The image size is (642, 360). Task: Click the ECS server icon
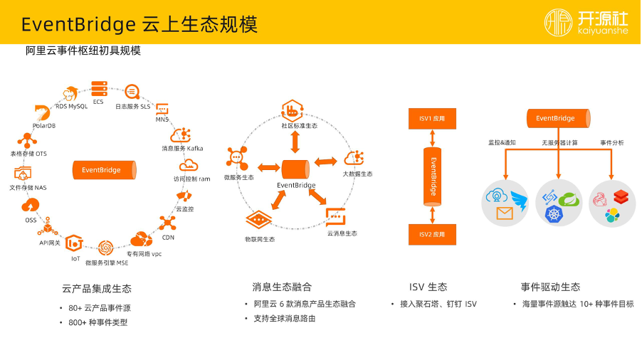click(x=98, y=89)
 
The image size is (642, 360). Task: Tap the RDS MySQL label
click(x=71, y=107)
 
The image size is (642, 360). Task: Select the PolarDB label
click(x=43, y=126)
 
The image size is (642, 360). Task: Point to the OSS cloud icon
click(x=31, y=206)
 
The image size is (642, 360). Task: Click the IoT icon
click(x=74, y=244)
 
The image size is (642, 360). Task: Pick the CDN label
click(x=167, y=238)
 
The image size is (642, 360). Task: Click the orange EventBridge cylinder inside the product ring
click(x=101, y=170)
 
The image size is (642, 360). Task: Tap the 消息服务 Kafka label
click(x=182, y=148)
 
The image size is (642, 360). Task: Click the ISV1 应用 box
click(x=431, y=119)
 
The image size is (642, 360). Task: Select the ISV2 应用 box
click(x=431, y=234)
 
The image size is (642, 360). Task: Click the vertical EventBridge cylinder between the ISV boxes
click(x=431, y=176)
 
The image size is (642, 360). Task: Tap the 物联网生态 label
click(x=260, y=239)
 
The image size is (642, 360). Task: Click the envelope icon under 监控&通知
click(x=504, y=213)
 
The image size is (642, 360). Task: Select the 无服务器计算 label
click(x=559, y=143)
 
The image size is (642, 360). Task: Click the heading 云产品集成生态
click(x=97, y=288)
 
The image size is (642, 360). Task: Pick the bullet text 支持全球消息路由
click(x=284, y=318)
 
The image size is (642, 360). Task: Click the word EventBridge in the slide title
click(x=78, y=25)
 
